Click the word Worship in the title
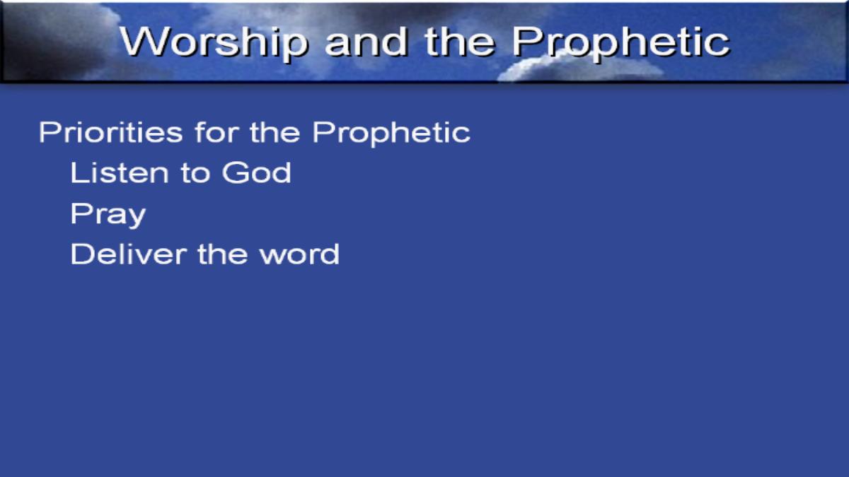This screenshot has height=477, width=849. click(214, 42)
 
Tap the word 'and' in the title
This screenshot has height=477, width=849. click(366, 42)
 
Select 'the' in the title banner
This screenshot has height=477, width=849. click(460, 42)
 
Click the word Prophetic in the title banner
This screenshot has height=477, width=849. click(620, 42)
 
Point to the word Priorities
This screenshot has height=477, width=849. click(110, 132)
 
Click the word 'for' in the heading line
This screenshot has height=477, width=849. click(216, 132)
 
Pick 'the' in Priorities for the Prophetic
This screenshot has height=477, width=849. click(275, 132)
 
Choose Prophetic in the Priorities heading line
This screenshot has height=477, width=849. click(391, 134)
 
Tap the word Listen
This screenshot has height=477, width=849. click(120, 172)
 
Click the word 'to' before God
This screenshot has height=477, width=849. click(195, 173)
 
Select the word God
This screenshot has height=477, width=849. click(257, 172)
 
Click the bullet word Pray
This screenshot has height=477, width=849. click(108, 215)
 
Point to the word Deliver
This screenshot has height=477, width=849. click(129, 254)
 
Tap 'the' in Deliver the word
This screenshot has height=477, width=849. click(223, 254)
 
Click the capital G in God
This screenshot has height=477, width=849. click(234, 172)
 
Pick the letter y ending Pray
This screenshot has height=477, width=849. click(135, 218)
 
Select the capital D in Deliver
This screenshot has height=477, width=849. click(81, 254)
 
